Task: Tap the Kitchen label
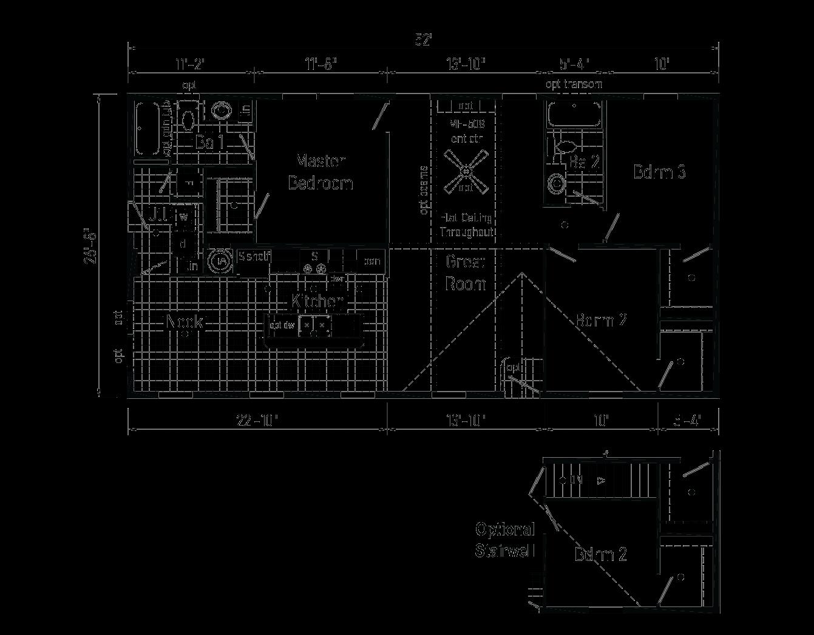coord(317,301)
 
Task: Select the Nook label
coord(186,322)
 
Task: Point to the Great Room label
coord(466,273)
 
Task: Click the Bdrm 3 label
coord(660,172)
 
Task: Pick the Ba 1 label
coord(210,143)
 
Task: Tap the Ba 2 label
coord(584,161)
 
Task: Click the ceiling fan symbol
coord(466,172)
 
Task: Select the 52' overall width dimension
coord(423,41)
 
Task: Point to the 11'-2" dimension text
coord(191,63)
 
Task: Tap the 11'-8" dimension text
coord(321,63)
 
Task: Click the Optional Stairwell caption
coord(505,540)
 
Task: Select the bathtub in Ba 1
coord(148,129)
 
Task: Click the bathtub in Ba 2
coord(574,115)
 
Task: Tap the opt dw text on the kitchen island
coord(282,325)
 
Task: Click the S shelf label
coord(254,256)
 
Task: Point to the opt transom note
coord(574,84)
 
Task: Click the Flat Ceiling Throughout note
coord(466,225)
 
